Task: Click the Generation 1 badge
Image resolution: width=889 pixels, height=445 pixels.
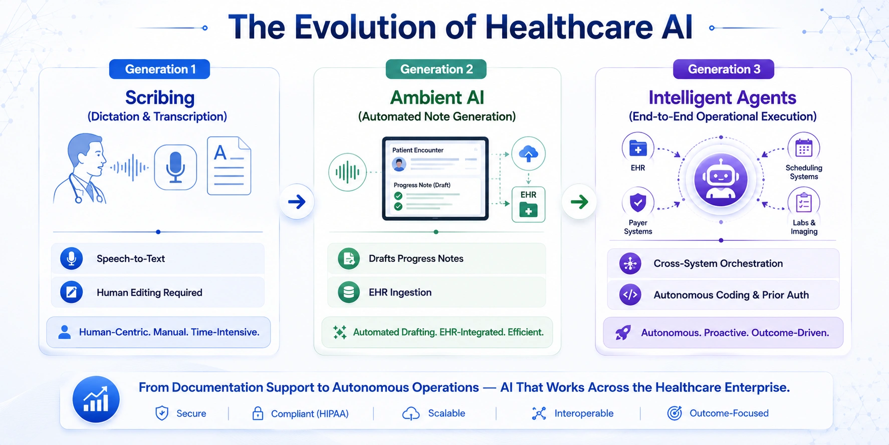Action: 160,69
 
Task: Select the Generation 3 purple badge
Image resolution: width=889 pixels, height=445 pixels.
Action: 724,69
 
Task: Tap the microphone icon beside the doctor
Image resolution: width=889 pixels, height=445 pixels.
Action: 175,167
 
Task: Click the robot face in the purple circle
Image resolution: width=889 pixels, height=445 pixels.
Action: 721,179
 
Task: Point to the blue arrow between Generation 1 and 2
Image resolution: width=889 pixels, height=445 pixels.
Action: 297,202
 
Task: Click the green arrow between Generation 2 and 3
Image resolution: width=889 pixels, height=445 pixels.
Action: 579,202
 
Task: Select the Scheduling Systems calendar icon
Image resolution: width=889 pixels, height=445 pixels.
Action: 804,149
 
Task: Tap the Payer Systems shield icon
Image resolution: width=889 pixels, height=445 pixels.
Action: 638,203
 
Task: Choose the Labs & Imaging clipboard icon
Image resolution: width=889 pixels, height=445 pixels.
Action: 804,203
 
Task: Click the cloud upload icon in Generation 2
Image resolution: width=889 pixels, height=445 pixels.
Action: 528,154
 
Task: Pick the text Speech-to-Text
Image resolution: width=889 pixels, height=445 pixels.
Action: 131,259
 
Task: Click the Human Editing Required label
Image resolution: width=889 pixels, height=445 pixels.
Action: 149,292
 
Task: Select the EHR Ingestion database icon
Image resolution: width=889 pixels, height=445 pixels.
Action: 349,292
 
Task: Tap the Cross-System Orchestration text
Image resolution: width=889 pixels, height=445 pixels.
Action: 718,264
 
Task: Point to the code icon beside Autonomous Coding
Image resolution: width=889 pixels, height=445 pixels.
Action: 630,295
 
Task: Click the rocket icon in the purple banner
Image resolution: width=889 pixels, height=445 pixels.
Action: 623,333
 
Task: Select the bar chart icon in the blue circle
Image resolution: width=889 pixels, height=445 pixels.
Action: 96,400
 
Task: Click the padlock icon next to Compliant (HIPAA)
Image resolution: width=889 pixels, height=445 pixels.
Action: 258,413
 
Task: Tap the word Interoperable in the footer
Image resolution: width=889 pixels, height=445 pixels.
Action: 584,413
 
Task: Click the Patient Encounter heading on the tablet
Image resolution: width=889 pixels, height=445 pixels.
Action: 418,150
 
